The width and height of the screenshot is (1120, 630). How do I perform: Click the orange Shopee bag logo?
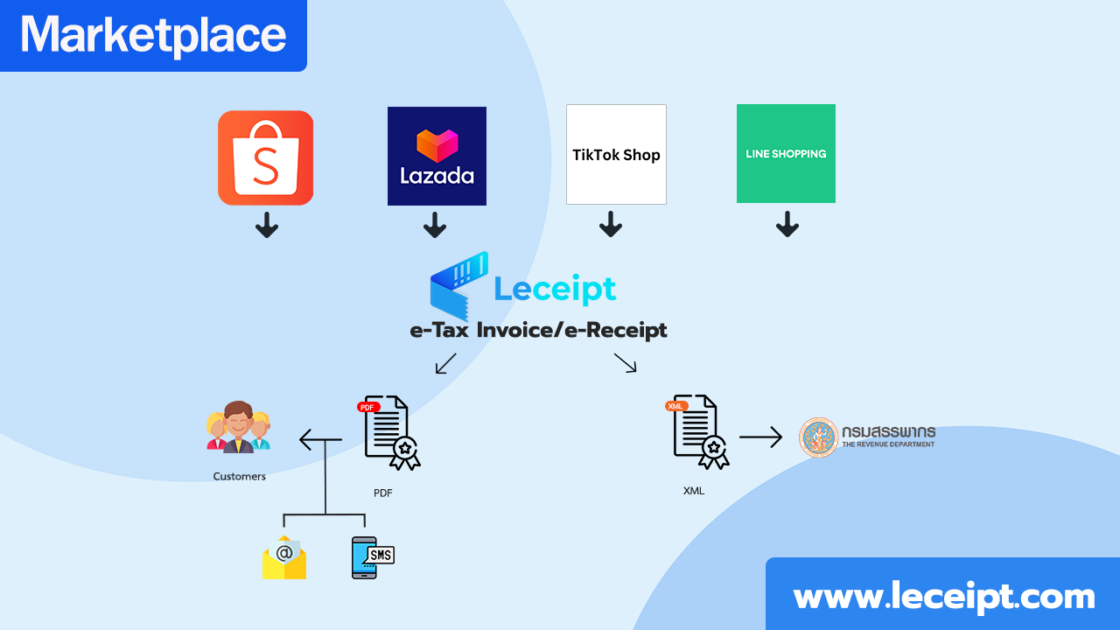tap(265, 157)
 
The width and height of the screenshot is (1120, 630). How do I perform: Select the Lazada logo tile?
tap(437, 156)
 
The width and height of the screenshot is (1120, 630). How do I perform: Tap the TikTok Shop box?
tap(616, 155)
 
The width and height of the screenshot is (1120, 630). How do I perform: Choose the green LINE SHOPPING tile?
tap(786, 154)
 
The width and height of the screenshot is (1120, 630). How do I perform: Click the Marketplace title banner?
tap(153, 35)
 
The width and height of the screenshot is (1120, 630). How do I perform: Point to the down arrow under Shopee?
tap(267, 226)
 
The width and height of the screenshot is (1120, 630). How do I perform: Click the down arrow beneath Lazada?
tap(435, 226)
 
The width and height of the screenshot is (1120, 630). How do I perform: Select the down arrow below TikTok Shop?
tap(611, 226)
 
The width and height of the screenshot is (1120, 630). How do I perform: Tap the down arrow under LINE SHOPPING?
tap(787, 226)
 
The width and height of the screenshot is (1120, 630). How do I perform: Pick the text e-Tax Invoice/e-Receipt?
tap(538, 331)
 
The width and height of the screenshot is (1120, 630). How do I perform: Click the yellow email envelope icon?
tap(283, 557)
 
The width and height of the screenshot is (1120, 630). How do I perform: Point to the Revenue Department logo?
tap(866, 437)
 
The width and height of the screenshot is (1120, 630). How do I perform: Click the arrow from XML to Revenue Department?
tap(760, 437)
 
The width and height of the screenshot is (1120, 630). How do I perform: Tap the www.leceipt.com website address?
tap(943, 597)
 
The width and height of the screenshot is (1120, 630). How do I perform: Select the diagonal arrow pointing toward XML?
tap(625, 363)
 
